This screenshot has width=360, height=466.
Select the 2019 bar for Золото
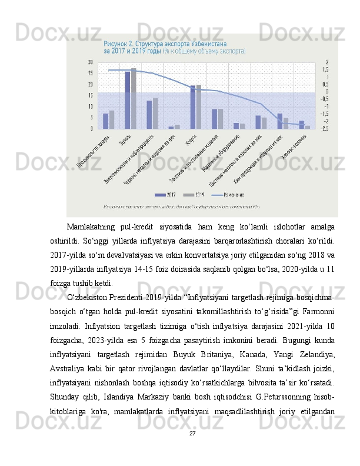pos(134,98)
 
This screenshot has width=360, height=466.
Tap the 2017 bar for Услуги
pos(192,106)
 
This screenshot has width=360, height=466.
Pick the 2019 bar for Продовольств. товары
pos(112,119)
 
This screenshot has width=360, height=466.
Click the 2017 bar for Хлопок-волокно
pos(301,125)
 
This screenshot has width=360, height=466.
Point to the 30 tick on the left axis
pos(91,62)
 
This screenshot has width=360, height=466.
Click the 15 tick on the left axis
pos(91,95)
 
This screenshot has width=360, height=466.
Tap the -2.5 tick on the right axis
pos(325,128)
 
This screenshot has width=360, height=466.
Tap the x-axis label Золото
pos(125,141)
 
